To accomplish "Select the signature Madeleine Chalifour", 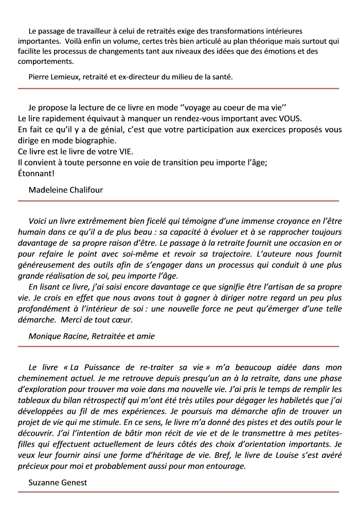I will [66, 190].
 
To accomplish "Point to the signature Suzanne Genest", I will [57, 482].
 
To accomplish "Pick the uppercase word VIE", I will [123, 152].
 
